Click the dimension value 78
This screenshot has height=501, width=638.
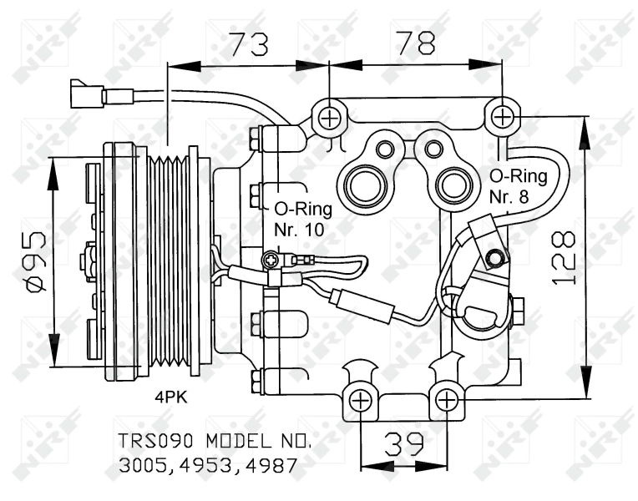click(x=415, y=41)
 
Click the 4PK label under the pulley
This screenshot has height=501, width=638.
click(x=170, y=397)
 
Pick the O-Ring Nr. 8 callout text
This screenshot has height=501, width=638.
click(x=518, y=186)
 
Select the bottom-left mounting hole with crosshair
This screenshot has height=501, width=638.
click(x=361, y=401)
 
